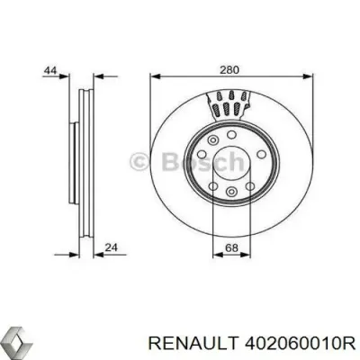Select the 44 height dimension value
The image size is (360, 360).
pos(50,70)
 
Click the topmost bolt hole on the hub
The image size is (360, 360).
pos(229,130)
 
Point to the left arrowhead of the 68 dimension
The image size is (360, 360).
pos(212,257)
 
